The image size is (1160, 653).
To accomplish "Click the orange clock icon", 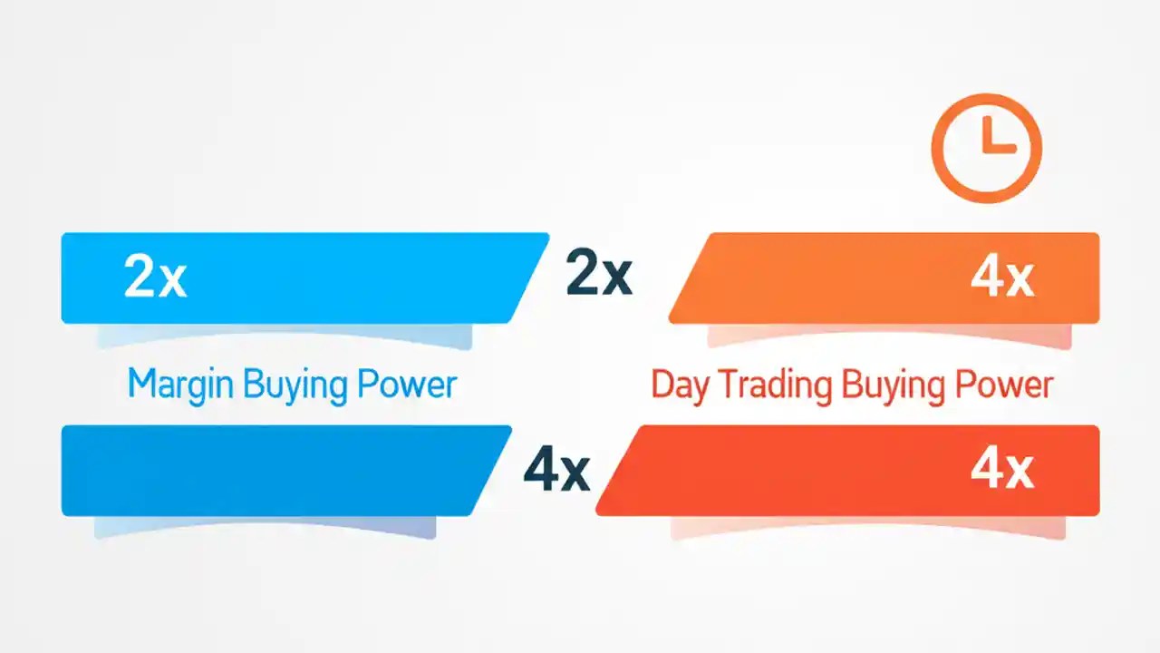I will (987, 149).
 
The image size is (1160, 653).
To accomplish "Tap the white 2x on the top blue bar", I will (155, 278).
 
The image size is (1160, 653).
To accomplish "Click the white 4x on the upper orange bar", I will (1001, 278).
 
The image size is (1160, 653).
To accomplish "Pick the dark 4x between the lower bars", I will (556, 471).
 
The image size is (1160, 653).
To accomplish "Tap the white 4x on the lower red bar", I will (1001, 470).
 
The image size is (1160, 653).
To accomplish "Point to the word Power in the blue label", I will (406, 385).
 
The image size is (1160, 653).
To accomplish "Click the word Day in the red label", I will (672, 385).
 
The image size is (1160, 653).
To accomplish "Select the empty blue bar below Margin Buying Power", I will (272, 471).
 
